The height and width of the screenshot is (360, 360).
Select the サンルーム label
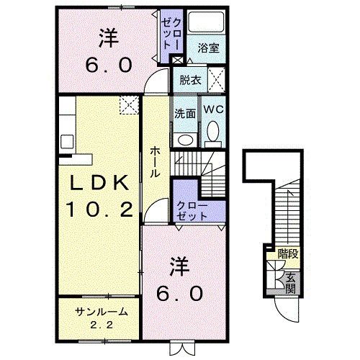click(x=102, y=312)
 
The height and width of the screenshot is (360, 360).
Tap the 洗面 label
click(x=184, y=113)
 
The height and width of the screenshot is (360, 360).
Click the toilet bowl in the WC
click(x=212, y=130)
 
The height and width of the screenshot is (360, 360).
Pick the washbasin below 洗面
click(x=184, y=140)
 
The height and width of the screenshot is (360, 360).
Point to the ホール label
click(x=156, y=163)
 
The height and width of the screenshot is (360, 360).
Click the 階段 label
click(x=287, y=253)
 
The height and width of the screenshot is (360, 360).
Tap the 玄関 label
click(x=290, y=282)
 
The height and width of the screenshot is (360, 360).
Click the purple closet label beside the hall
click(x=192, y=210)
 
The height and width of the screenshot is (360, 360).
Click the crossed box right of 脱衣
click(x=215, y=79)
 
